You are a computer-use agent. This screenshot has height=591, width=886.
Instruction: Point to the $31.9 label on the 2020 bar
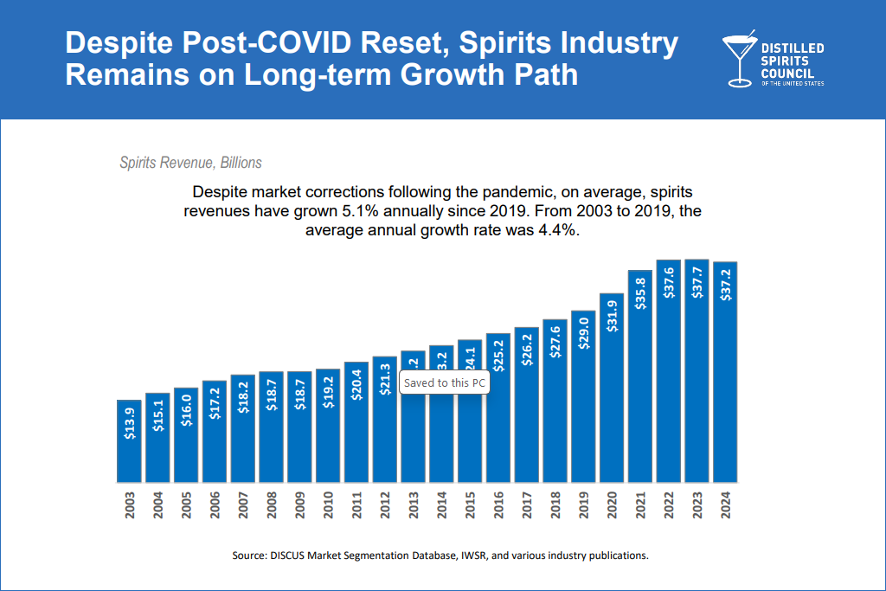click(x=612, y=317)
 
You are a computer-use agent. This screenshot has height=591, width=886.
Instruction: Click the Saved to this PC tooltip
click(x=445, y=382)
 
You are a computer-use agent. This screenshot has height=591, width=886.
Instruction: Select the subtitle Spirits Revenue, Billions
click(x=190, y=163)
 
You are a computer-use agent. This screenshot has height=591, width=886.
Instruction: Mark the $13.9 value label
click(x=129, y=424)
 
